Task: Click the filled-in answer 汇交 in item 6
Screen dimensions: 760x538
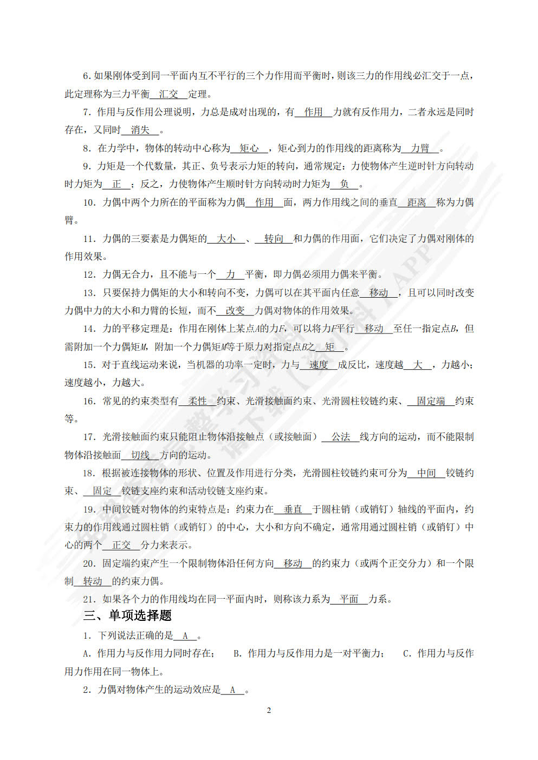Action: click(168, 94)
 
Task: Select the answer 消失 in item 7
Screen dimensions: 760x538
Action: click(140, 130)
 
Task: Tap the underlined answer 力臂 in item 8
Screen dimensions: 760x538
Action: click(420, 148)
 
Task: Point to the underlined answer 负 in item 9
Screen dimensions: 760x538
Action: click(344, 184)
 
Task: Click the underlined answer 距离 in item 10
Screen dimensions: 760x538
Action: click(416, 202)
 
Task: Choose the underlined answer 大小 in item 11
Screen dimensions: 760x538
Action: click(226, 239)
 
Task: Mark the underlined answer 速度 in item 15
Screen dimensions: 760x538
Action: click(319, 365)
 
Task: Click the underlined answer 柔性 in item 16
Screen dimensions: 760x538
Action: click(198, 401)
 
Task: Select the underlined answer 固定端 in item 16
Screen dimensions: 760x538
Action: click(431, 401)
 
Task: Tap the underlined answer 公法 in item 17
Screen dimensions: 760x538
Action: click(341, 437)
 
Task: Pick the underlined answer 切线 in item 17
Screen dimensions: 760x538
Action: click(140, 455)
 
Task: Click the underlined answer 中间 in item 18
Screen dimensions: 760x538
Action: click(426, 473)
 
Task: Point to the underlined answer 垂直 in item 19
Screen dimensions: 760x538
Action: click(293, 509)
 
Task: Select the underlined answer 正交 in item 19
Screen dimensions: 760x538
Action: click(121, 545)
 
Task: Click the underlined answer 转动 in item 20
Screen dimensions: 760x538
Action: click(93, 581)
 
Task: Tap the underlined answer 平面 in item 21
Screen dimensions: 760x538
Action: click(349, 599)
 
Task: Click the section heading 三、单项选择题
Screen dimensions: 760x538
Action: click(127, 616)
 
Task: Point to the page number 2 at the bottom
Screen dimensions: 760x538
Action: click(269, 711)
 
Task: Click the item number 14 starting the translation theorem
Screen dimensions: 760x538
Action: click(89, 329)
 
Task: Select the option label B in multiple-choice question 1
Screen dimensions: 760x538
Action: click(237, 654)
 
